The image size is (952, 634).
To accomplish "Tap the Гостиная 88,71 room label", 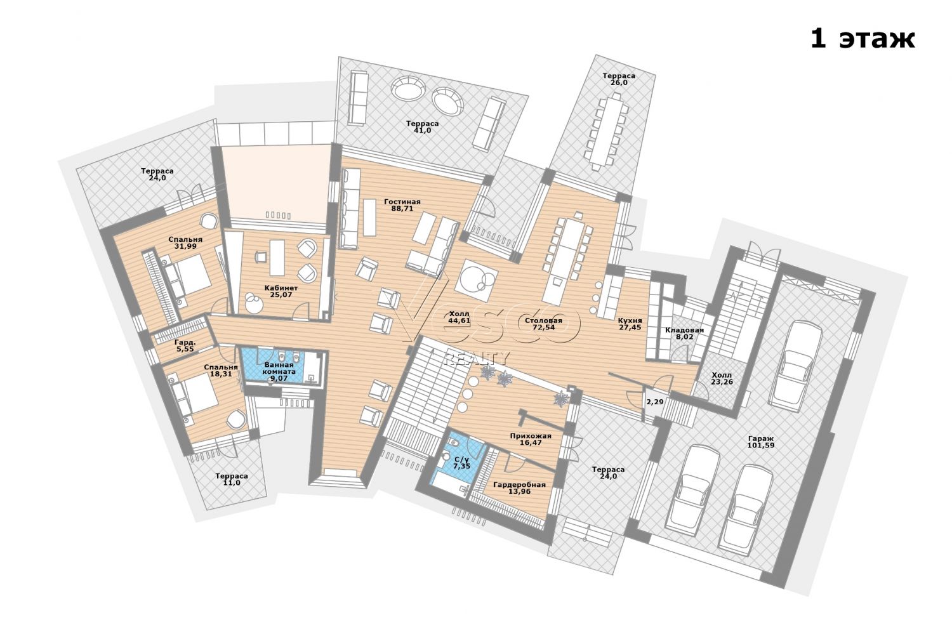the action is click(402, 205).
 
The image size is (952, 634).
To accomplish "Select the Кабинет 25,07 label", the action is click(281, 291).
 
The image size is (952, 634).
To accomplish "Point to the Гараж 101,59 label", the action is click(761, 442).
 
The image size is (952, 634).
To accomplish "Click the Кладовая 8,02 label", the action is click(684, 333).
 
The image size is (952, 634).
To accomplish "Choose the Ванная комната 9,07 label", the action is click(279, 371).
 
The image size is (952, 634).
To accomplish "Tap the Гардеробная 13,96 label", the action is click(519, 488).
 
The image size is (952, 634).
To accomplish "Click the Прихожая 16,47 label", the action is click(531, 439).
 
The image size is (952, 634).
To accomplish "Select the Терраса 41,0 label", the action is click(422, 127).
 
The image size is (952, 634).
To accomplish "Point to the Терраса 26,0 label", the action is click(619, 79).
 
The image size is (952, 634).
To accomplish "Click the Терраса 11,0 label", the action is click(231, 479).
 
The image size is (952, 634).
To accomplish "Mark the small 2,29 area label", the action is click(655, 401).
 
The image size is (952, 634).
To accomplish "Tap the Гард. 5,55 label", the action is click(185, 345).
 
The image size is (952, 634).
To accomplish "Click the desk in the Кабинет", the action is click(277, 258).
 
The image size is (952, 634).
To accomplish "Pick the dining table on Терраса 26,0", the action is click(607, 130).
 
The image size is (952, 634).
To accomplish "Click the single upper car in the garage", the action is click(797, 366).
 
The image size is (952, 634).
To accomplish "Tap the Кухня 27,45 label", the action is click(630, 324).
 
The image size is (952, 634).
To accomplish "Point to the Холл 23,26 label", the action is click(722, 378).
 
